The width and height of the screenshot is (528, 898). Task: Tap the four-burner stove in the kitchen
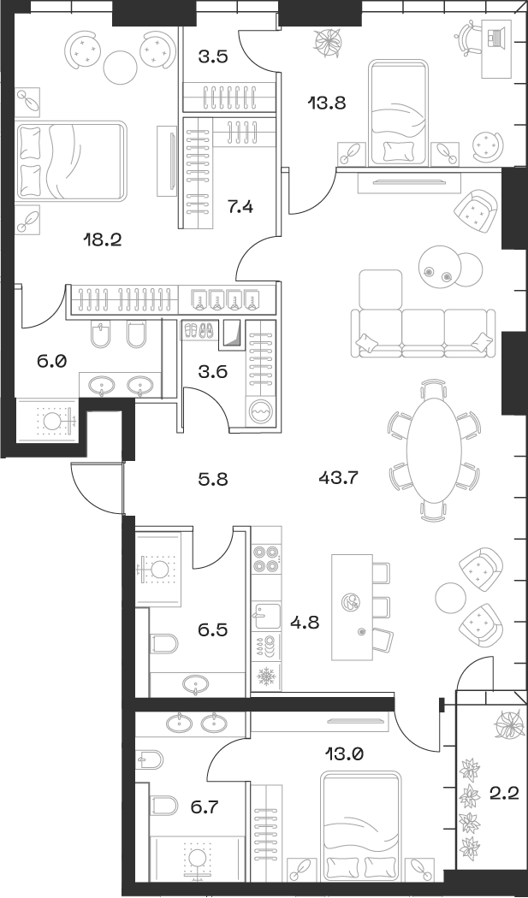click(266, 558)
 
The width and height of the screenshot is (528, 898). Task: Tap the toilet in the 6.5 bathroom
click(164, 642)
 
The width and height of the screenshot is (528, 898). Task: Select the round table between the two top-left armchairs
click(120, 65)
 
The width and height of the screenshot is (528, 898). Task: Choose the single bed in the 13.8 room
click(398, 111)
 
